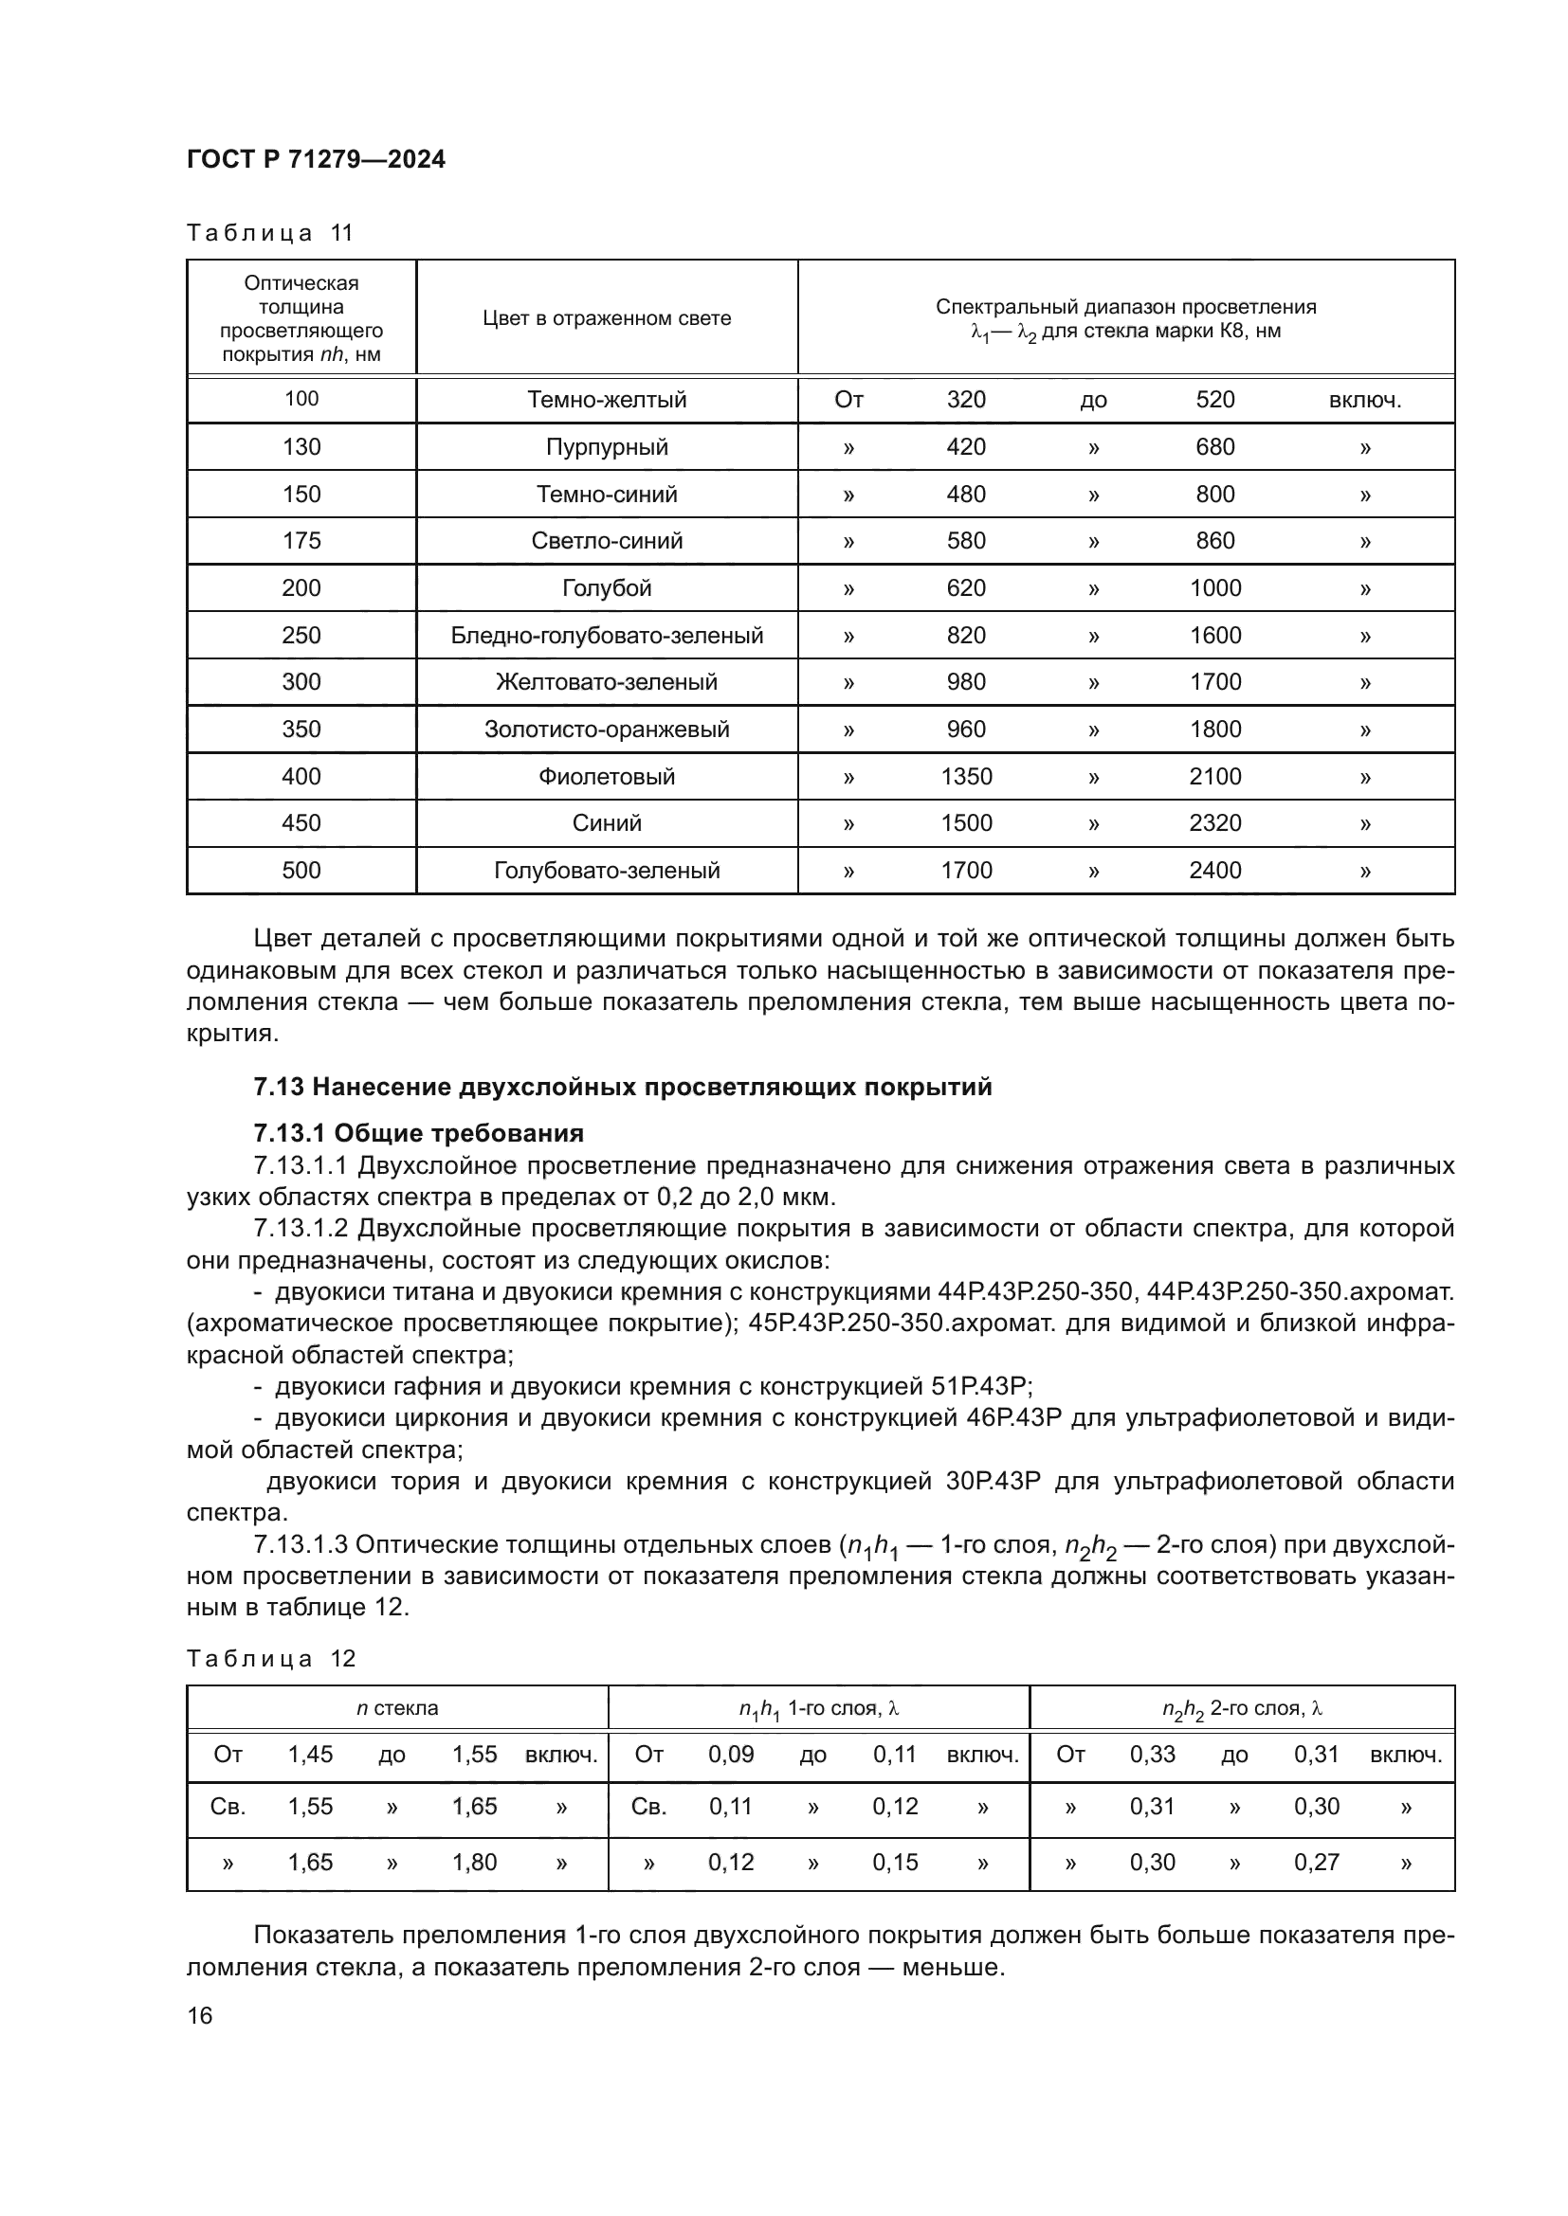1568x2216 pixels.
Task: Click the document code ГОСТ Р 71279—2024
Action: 316,159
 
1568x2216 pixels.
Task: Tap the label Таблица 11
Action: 269,233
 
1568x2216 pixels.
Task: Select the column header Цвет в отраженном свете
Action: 607,318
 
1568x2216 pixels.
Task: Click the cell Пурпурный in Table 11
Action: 607,447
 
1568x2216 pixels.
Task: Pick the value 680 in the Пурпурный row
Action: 1214,447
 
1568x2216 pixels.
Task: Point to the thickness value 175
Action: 301,540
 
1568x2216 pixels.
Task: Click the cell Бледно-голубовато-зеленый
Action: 607,635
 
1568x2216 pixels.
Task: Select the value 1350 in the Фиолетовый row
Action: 965,776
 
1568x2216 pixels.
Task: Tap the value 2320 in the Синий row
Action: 1214,823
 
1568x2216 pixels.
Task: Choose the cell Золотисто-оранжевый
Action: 607,730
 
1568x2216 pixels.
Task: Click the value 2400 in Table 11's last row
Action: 1214,871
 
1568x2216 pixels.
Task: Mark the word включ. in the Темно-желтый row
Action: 1364,401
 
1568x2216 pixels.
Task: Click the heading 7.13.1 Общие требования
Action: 418,1133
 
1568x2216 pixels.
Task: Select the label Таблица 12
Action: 270,1658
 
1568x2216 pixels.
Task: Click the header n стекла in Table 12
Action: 397,1708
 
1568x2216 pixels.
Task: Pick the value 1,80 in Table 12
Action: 474,1862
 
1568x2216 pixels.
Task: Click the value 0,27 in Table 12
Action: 1316,1862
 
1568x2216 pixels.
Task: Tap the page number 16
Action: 200,2015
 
